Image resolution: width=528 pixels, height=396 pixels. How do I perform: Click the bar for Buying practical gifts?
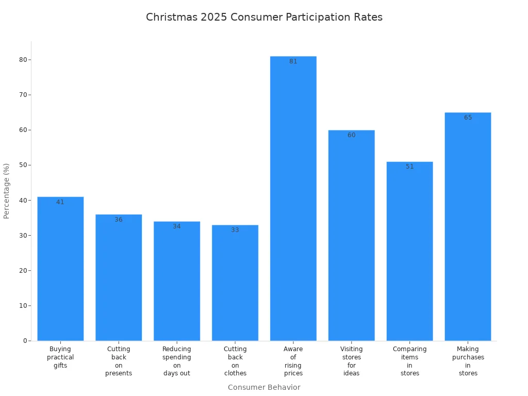[60, 268]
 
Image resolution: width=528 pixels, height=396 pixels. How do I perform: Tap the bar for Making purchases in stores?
[468, 227]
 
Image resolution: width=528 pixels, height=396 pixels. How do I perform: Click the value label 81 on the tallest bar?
[293, 61]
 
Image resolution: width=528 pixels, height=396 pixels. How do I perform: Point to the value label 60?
[351, 135]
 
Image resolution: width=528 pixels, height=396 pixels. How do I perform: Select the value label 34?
[177, 226]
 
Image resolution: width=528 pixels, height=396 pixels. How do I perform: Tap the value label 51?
[409, 167]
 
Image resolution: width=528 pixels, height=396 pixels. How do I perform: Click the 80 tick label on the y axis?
[23, 60]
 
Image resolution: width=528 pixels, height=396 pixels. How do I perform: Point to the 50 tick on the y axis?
[23, 165]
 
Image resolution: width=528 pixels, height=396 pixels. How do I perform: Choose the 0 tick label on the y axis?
[25, 341]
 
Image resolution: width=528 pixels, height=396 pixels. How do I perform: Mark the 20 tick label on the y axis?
[23, 271]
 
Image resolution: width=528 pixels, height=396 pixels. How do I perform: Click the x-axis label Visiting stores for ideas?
[351, 361]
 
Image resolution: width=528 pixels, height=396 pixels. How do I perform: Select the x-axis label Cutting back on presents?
[119, 361]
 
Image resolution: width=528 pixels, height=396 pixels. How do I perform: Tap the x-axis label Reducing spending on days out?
[177, 361]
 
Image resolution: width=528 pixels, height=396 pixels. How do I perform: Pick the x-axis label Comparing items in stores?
[409, 361]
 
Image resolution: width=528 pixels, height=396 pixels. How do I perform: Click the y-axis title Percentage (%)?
[7, 191]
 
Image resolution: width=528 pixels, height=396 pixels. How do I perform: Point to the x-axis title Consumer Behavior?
[264, 387]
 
